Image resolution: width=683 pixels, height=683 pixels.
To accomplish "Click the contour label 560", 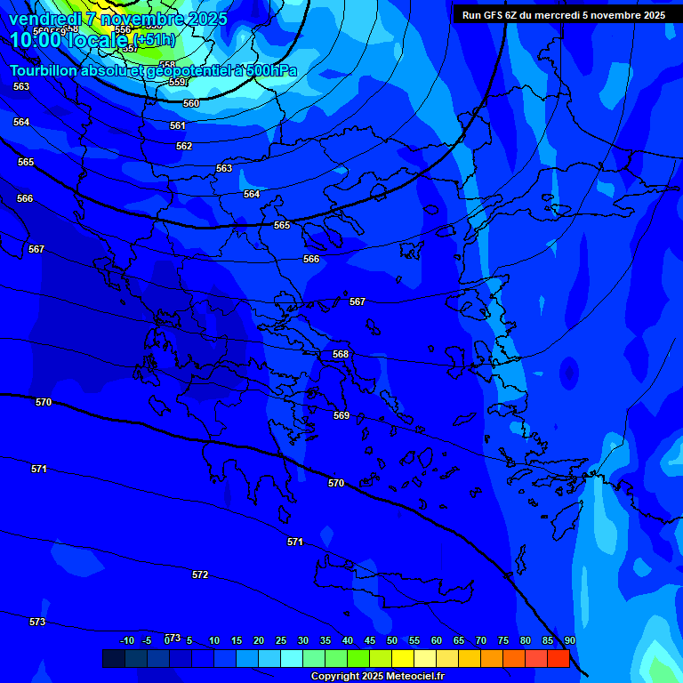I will pyautogui.click(x=191, y=103).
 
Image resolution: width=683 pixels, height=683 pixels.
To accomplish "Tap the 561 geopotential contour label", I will pyautogui.click(x=178, y=125).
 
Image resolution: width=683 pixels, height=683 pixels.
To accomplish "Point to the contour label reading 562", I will pyautogui.click(x=184, y=146).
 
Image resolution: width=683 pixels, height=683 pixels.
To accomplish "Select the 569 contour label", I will pyautogui.click(x=341, y=415).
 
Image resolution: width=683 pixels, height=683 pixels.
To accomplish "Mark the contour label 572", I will pyautogui.click(x=200, y=575).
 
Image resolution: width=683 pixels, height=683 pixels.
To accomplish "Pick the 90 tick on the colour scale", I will pyautogui.click(x=569, y=640).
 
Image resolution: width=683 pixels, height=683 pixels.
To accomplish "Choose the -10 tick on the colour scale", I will pyautogui.click(x=127, y=640).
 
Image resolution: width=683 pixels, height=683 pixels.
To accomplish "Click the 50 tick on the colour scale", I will pyautogui.click(x=392, y=640).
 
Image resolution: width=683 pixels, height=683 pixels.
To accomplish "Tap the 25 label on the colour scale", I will pyautogui.click(x=281, y=640).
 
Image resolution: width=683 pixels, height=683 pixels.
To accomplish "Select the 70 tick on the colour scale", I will pyautogui.click(x=481, y=640).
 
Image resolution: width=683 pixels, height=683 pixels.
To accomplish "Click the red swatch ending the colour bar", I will pyautogui.click(x=558, y=658).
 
